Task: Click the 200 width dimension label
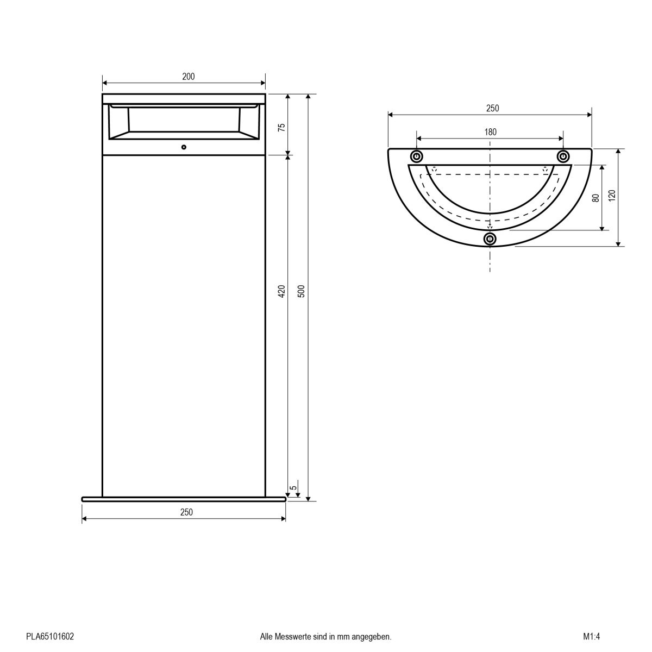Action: (188, 77)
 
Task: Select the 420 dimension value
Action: (281, 292)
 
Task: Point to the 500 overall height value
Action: (302, 292)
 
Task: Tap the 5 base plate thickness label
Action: (293, 488)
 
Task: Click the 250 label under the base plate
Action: (186, 512)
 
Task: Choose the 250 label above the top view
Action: (492, 108)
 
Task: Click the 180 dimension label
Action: (490, 131)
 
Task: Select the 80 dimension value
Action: (595, 198)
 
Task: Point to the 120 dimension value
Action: (612, 196)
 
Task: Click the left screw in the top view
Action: (417, 157)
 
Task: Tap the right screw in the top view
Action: (563, 157)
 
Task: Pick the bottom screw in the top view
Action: (490, 239)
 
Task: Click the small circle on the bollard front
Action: (184, 147)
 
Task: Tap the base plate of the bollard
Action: (184, 499)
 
